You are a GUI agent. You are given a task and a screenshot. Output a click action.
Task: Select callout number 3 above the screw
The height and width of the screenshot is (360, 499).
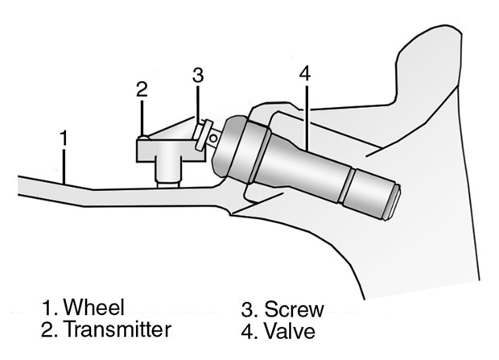[x=199, y=75]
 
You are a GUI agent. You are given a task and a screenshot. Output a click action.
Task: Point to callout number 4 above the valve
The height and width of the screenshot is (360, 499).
[x=303, y=72]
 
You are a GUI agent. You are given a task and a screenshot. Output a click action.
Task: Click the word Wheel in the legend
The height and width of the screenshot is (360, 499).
[x=97, y=307]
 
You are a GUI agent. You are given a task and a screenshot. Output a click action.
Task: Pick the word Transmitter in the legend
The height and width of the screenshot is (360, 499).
[x=118, y=329]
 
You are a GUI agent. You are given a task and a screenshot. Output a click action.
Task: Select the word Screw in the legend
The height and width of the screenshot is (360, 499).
[x=294, y=309]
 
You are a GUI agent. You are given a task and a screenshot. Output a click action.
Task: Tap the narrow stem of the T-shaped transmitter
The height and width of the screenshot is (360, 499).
[x=167, y=170]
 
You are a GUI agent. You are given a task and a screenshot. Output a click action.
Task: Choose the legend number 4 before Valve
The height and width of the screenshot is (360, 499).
[x=248, y=330]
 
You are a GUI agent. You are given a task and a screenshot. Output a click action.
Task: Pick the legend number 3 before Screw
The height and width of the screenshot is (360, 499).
[x=248, y=309]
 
